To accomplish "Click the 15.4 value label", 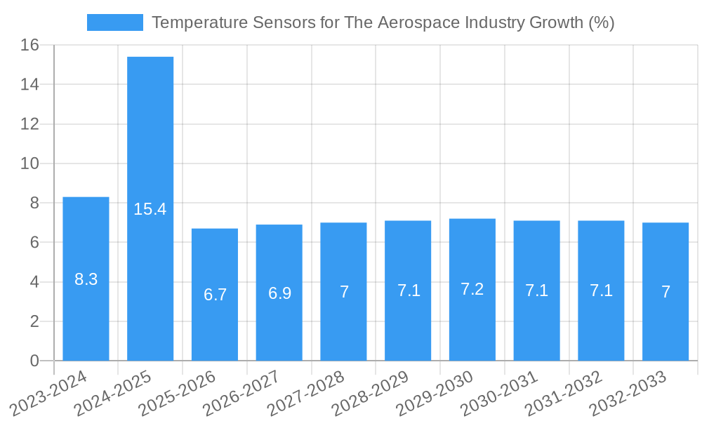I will click(x=150, y=209).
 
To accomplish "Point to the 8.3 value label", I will click(x=86, y=279).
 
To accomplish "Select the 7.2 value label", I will click(x=472, y=289).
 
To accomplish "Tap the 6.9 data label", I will click(x=279, y=293).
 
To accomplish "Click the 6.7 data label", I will click(x=215, y=295).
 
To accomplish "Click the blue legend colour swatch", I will click(x=114, y=22).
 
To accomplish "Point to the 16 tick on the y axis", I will click(x=29, y=46).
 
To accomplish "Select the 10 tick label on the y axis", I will click(x=29, y=163).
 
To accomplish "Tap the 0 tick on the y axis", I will click(x=34, y=361).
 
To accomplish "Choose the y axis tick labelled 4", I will click(x=34, y=282).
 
